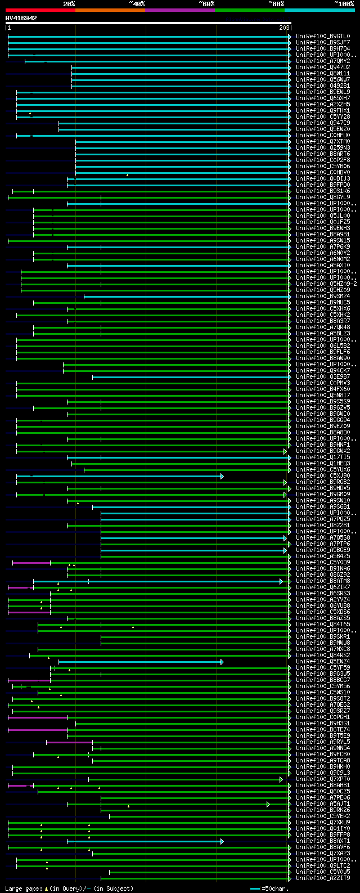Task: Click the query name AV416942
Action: pos(21,18)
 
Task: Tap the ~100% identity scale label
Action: pos(344,3)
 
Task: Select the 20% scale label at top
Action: pos(69,3)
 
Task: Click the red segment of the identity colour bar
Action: pos(40,10)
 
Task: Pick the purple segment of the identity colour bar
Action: pos(179,10)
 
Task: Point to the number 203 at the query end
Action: pos(284,28)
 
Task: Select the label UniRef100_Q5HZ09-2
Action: pos(326,284)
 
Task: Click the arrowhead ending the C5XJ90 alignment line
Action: pos(222,476)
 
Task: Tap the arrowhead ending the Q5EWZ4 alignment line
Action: pos(222,662)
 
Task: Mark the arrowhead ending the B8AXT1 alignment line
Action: pos(222,841)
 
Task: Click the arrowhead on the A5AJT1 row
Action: pos(268,804)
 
